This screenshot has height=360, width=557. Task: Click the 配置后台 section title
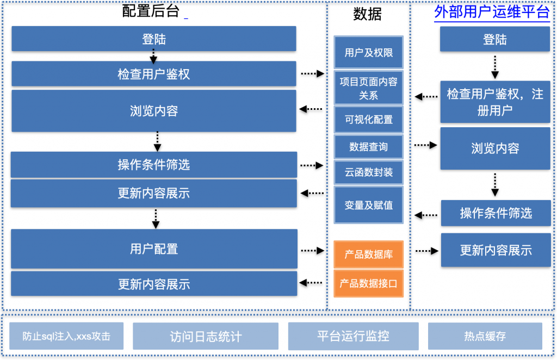click(x=151, y=11)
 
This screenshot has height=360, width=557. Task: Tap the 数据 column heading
click(x=367, y=14)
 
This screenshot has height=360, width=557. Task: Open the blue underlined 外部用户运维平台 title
click(x=492, y=12)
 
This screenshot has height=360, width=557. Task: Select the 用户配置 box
click(x=154, y=249)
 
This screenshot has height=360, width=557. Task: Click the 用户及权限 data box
click(x=368, y=52)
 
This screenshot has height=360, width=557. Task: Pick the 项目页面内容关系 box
click(x=368, y=88)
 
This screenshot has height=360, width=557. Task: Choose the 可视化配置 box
click(x=368, y=119)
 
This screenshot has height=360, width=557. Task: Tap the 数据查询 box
click(x=368, y=147)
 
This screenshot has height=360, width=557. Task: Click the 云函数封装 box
click(x=368, y=172)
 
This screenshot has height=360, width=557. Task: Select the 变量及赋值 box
click(x=368, y=205)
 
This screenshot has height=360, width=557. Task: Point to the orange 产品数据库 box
click(x=368, y=254)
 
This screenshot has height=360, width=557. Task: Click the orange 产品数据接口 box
click(x=368, y=283)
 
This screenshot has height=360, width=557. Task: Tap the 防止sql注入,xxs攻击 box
click(x=66, y=336)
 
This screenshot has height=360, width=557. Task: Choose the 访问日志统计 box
click(x=206, y=336)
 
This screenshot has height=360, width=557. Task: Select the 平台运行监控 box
click(x=354, y=336)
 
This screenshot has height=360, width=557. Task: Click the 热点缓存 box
click(x=485, y=336)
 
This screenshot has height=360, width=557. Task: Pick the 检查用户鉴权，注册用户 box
click(x=495, y=102)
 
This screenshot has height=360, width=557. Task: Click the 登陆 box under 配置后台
click(x=154, y=39)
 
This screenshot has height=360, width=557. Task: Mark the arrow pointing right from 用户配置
click(x=313, y=251)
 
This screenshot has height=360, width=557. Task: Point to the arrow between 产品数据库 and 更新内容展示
click(x=427, y=251)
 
